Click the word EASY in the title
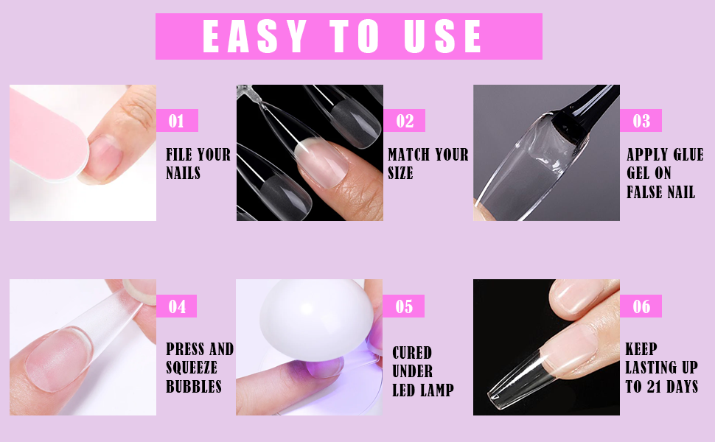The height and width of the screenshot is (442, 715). [254, 36]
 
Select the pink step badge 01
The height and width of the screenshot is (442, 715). [177, 121]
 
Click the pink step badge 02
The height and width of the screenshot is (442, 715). [405, 121]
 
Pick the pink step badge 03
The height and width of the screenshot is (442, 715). [641, 121]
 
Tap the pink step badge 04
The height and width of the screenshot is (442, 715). [177, 306]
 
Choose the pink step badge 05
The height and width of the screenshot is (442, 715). [405, 306]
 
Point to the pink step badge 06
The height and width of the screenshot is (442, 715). [641, 306]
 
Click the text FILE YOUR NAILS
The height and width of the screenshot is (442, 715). [198, 164]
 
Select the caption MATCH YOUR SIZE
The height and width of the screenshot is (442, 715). [428, 164]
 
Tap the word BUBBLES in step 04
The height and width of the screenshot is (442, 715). [194, 387]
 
